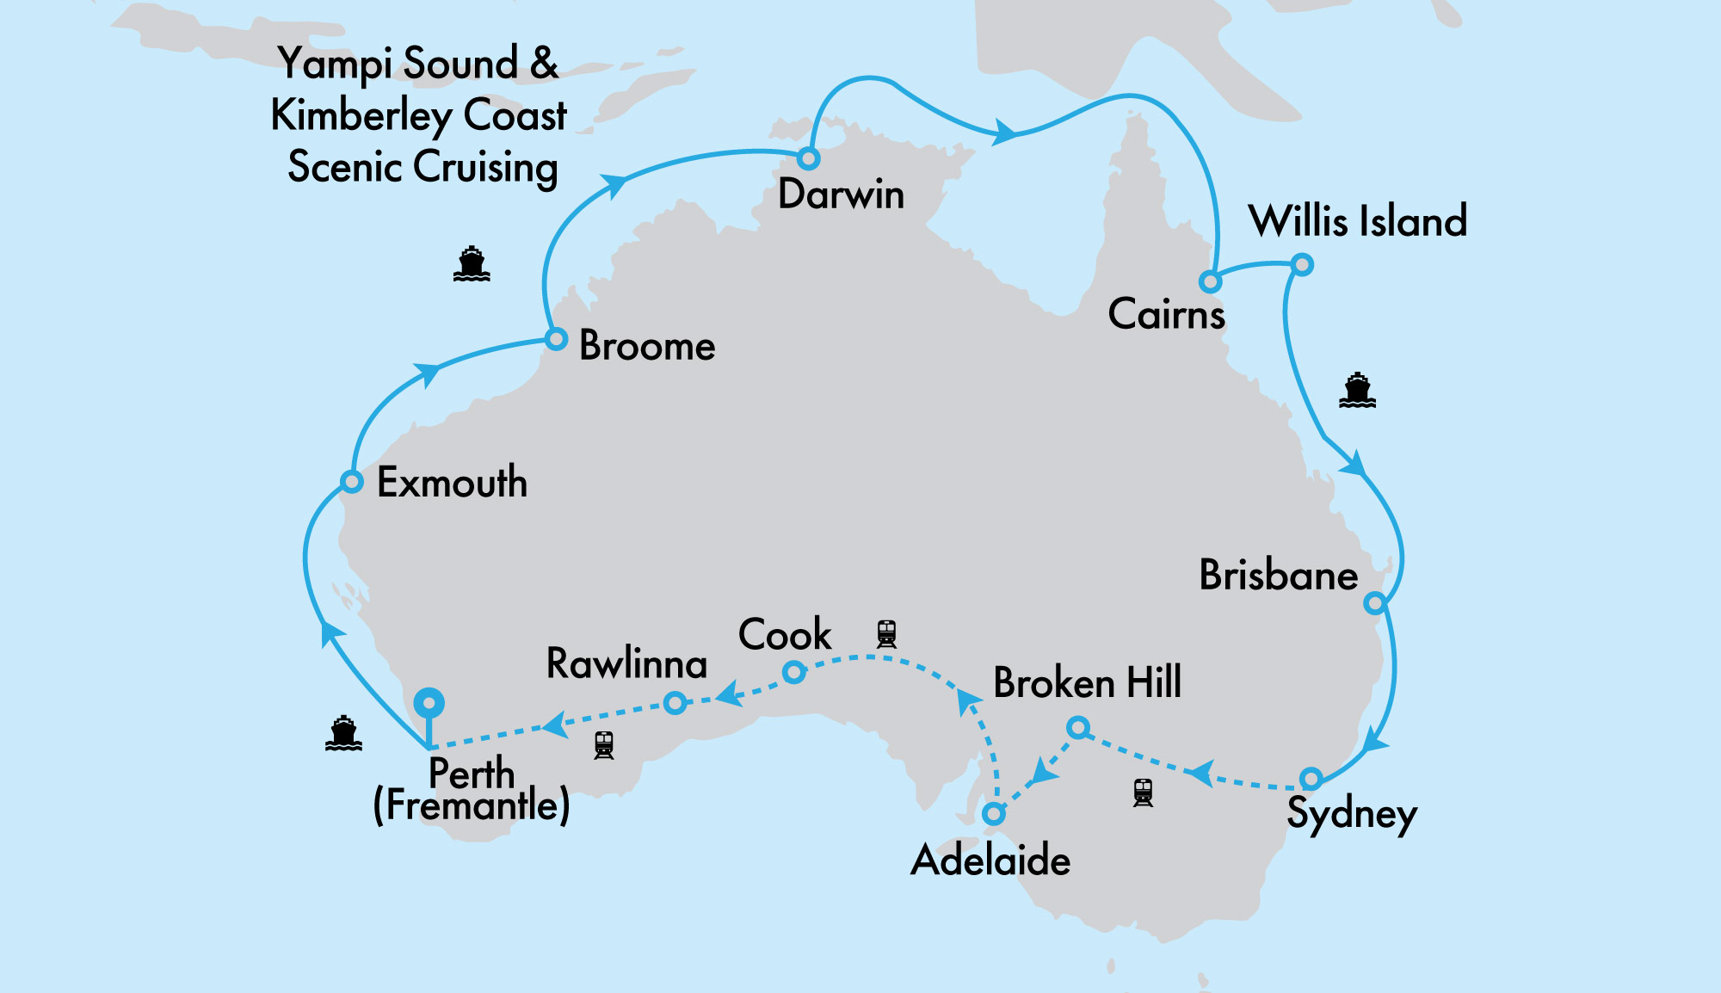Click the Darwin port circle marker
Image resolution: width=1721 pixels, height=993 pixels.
tap(808, 158)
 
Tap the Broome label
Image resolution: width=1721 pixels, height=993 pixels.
tap(647, 346)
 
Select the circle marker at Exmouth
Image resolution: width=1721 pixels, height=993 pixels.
tap(351, 481)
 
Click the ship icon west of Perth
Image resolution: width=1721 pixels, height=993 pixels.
tap(343, 733)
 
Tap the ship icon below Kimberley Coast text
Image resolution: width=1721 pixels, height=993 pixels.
tap(472, 264)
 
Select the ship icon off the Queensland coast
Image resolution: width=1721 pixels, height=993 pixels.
tap(1357, 391)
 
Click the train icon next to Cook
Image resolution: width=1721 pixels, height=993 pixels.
tap(886, 634)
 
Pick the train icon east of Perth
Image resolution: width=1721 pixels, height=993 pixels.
tap(604, 745)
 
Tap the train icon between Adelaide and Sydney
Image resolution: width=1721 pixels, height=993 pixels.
tap(1143, 793)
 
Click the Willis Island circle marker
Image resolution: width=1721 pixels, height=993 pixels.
tap(1302, 264)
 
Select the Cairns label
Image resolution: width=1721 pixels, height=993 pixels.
tap(1166, 314)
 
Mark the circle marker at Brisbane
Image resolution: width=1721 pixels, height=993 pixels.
tap(1375, 602)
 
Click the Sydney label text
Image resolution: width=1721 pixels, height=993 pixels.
tap(1351, 814)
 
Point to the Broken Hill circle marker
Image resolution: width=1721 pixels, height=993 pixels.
tap(1077, 728)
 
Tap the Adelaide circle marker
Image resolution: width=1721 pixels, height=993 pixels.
tap(993, 813)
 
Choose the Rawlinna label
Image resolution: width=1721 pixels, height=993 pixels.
tap(626, 663)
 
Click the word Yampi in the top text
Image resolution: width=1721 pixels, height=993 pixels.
tap(336, 65)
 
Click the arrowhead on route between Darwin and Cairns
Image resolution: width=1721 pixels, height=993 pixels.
tap(1003, 133)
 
